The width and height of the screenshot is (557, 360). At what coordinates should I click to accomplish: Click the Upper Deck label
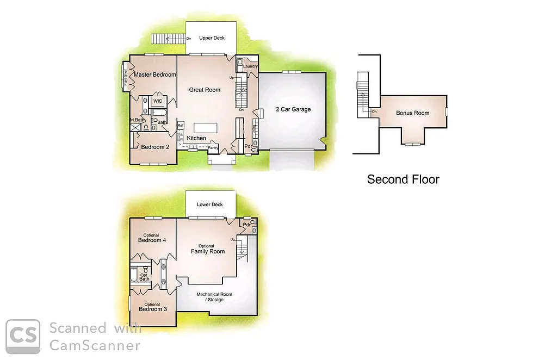212,38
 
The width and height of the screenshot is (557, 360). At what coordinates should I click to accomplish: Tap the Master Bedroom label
155,75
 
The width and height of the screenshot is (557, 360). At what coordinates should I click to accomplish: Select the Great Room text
205,90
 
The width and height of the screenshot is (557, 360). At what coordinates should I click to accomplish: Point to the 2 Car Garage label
293,109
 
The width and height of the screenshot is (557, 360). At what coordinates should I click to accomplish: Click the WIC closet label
157,101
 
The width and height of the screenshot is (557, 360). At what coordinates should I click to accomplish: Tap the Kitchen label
196,138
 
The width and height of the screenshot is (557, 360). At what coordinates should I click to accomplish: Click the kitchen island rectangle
206,127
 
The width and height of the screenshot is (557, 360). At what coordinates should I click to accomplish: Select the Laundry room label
250,66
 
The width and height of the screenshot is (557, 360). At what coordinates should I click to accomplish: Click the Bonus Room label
412,113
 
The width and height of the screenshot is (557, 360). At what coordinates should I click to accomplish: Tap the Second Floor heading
403,179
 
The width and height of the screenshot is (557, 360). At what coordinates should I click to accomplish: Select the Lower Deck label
210,205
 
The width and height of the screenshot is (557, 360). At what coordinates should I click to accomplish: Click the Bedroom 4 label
151,240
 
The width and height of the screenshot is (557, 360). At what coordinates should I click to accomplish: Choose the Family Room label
207,251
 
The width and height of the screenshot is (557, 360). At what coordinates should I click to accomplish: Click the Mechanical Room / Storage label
214,297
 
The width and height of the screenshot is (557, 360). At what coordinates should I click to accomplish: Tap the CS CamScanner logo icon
23,336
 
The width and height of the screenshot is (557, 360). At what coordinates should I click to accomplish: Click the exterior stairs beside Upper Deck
168,39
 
